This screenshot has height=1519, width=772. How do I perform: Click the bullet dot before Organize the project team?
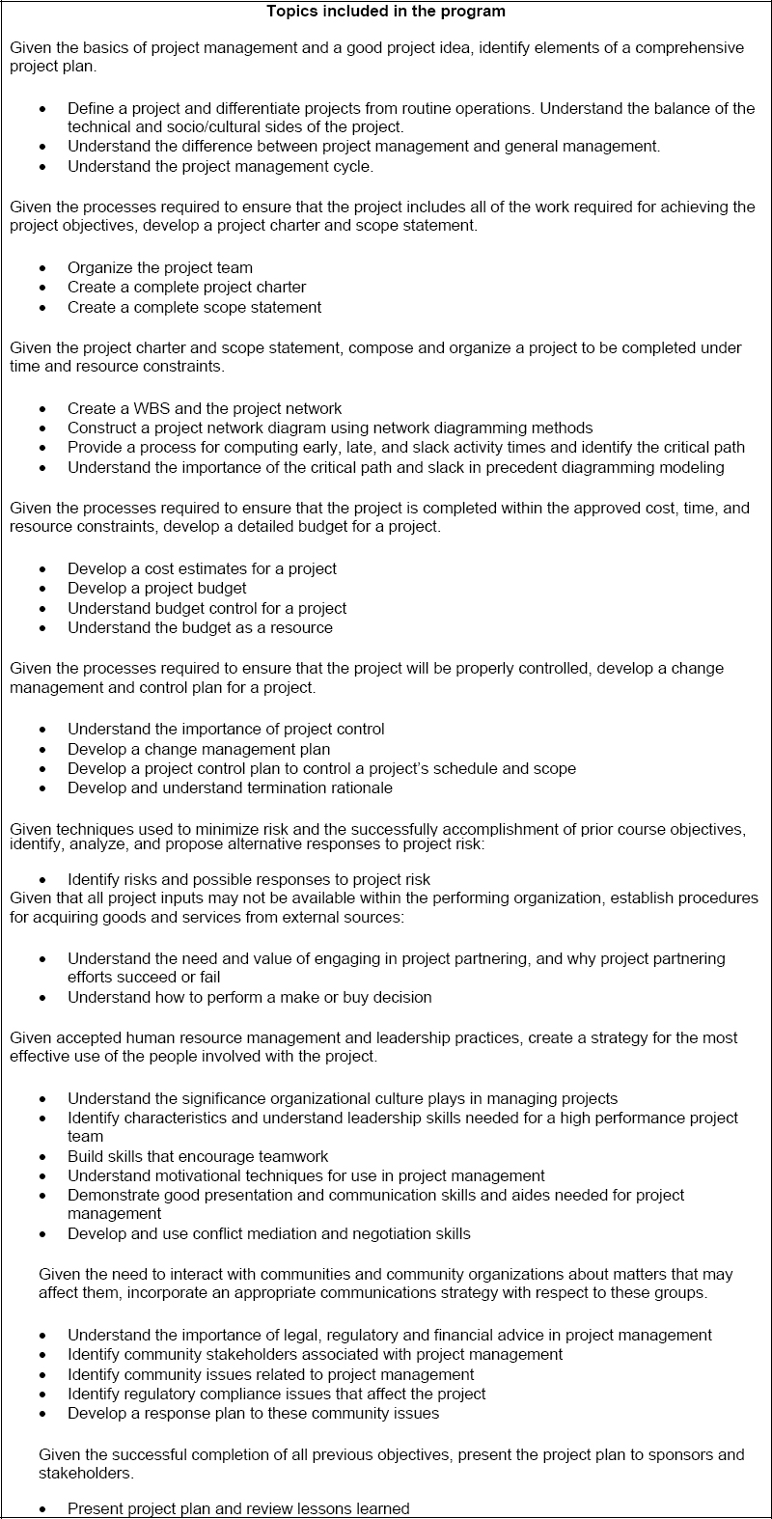tap(41, 268)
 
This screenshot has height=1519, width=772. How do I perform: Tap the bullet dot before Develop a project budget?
tap(41, 589)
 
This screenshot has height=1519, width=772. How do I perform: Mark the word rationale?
tap(355, 787)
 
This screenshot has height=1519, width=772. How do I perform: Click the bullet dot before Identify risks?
tap(41, 880)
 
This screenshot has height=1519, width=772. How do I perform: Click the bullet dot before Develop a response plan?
tap(41, 1414)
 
